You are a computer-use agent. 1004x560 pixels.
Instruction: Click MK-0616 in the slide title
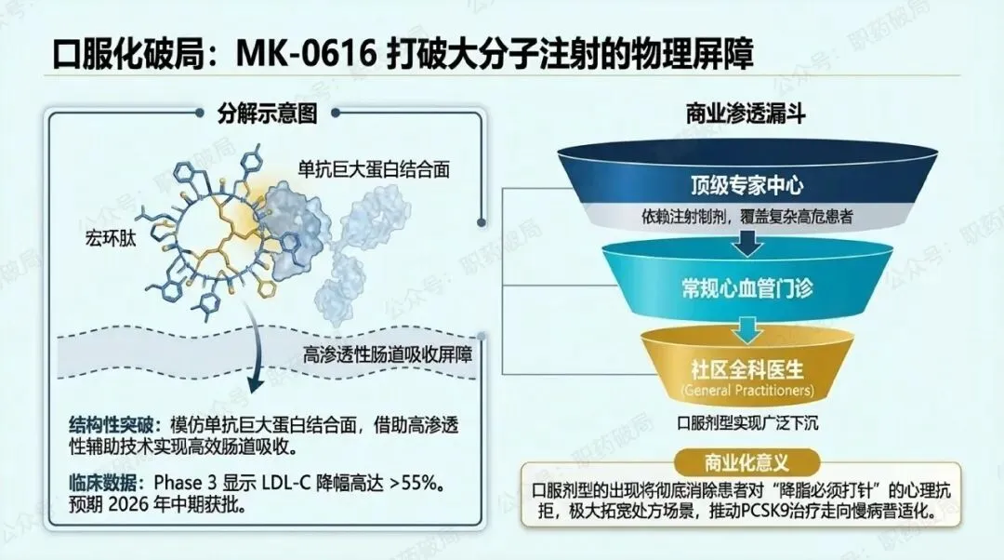(x=306, y=53)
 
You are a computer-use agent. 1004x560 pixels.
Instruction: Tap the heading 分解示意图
(x=268, y=113)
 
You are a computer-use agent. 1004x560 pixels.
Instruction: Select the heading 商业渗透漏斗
(x=746, y=113)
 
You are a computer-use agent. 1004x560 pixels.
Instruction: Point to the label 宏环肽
(x=111, y=239)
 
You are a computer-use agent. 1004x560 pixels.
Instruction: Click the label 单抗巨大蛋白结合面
(x=374, y=169)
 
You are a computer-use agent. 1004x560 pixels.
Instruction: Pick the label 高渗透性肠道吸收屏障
(x=388, y=355)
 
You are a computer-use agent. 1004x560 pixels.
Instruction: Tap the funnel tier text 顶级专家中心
(x=746, y=185)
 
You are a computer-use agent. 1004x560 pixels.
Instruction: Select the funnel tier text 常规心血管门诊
(x=746, y=288)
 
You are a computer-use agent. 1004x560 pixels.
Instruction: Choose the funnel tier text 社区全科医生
(x=746, y=369)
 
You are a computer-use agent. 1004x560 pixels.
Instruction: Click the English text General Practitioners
(x=746, y=390)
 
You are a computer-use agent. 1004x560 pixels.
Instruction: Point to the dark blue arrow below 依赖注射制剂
(x=746, y=242)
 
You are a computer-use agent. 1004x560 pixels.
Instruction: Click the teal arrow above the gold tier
(x=746, y=328)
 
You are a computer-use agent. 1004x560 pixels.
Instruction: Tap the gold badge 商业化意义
(x=746, y=462)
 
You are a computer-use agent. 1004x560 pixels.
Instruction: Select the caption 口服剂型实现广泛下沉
(x=747, y=423)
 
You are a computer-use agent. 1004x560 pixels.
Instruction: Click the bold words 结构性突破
(x=112, y=425)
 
